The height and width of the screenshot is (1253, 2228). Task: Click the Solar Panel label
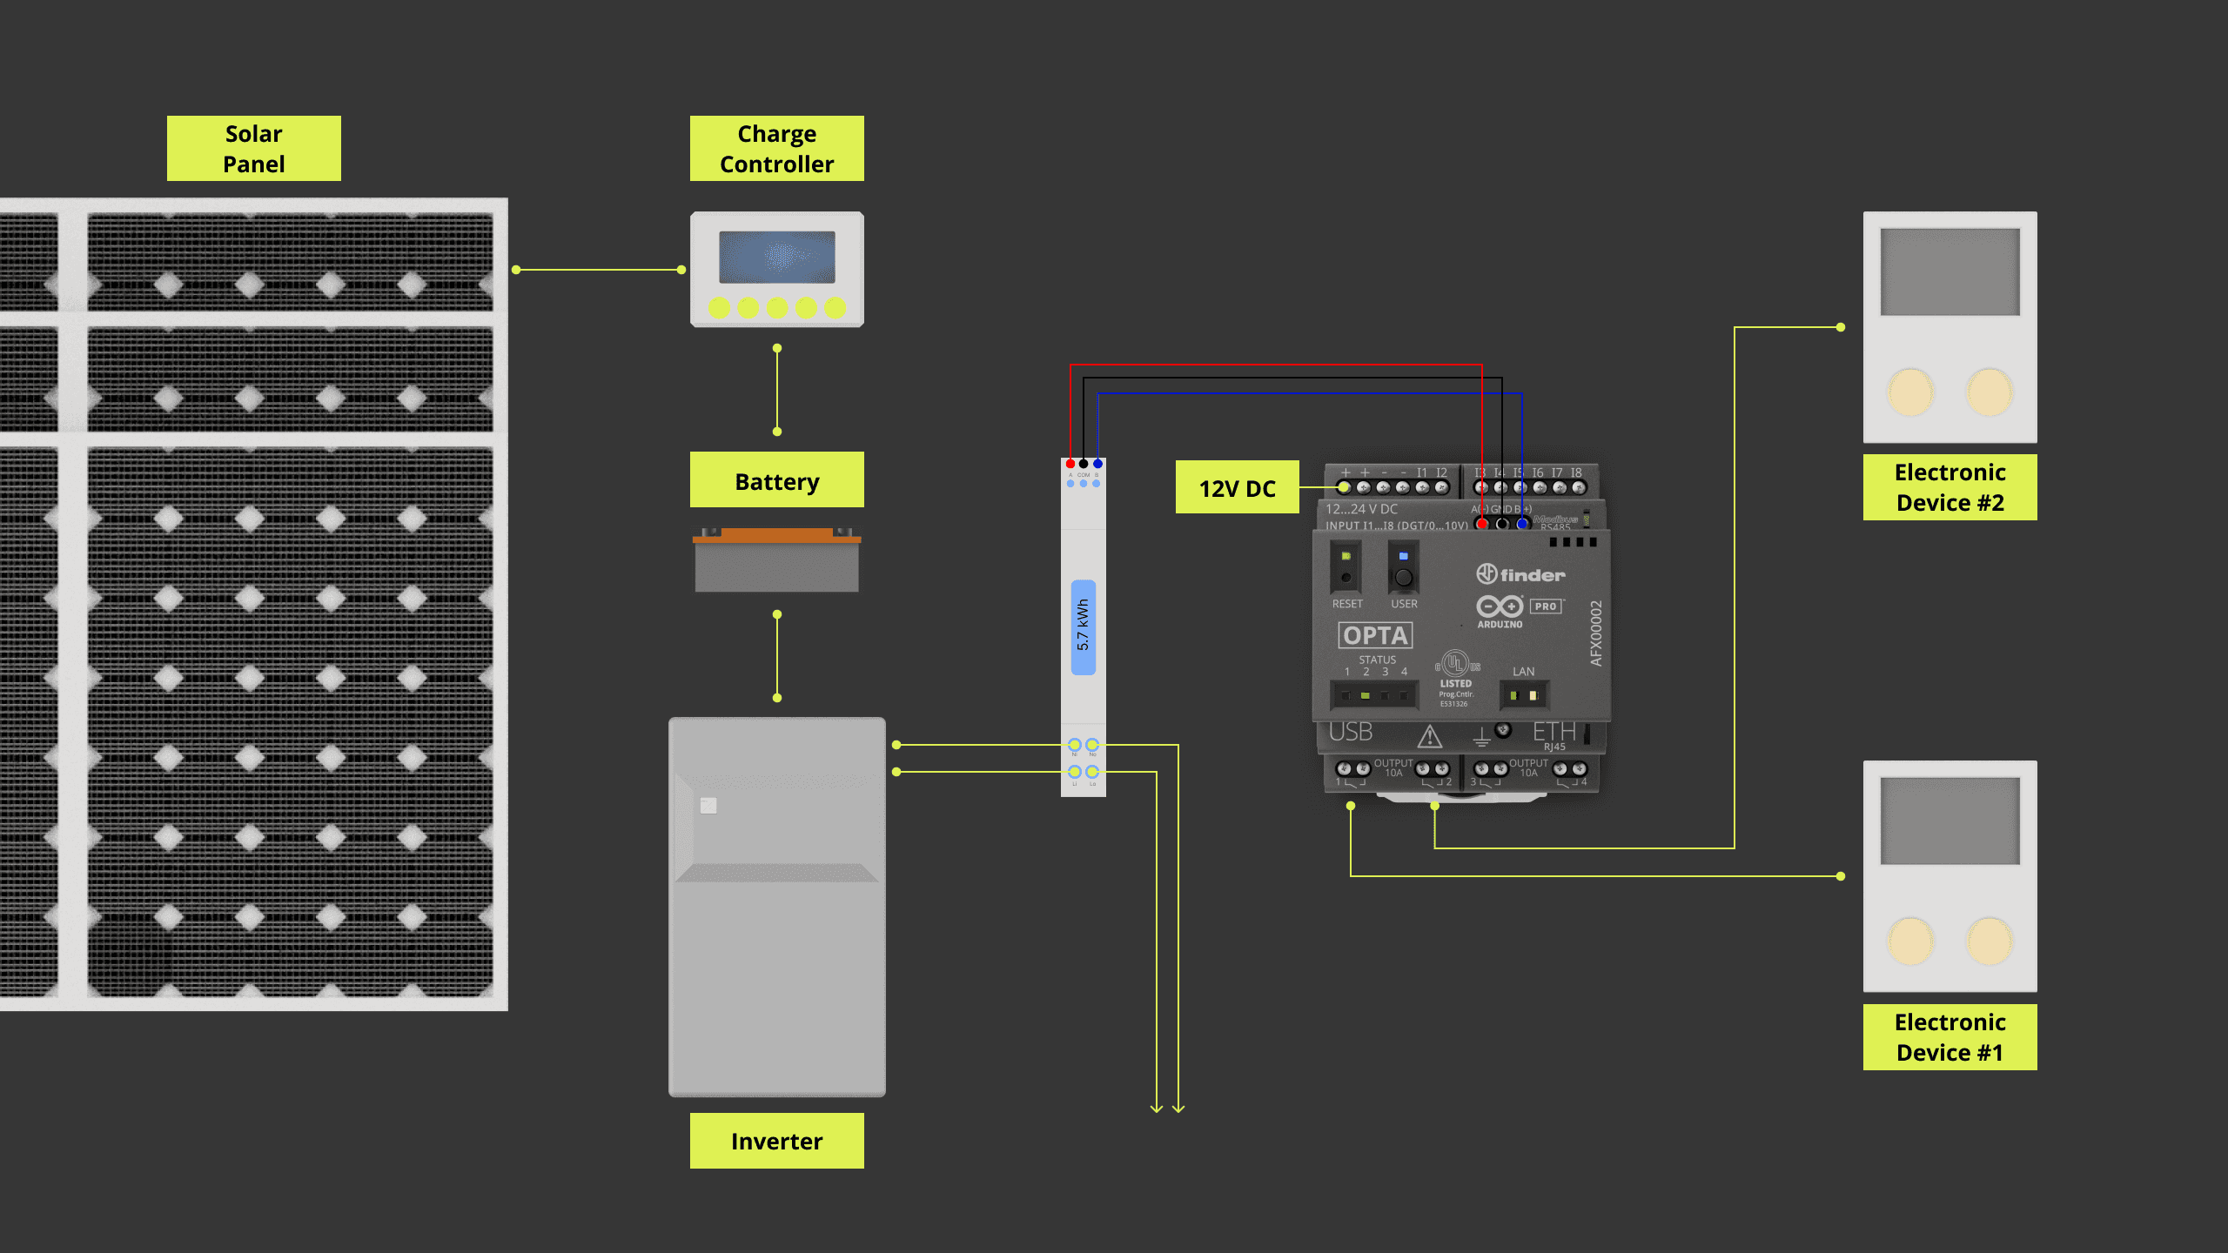[253, 149]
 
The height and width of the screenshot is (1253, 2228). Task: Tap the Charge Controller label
[776, 149]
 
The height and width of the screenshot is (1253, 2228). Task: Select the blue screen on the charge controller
[776, 257]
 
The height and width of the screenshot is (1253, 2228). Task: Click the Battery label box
[776, 480]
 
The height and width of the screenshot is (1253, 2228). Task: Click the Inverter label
[776, 1141]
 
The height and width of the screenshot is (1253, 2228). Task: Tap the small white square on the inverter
[708, 806]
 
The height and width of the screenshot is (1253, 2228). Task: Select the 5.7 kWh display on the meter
[1083, 626]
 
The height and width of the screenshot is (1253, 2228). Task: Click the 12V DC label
[1237, 488]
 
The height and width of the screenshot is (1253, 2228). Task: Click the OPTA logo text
[1375, 635]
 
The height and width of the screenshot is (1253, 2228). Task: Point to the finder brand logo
[1520, 574]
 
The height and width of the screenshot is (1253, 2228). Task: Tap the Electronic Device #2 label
[1949, 487]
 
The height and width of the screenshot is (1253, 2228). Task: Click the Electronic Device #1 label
[1949, 1037]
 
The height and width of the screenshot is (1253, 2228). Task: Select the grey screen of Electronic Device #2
[1949, 272]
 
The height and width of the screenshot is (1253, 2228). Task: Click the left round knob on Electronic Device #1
[1910, 941]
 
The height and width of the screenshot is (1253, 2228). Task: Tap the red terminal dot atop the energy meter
[1070, 464]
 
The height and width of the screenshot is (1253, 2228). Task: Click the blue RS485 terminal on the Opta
[1521, 524]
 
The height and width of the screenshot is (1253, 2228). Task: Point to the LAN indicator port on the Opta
[1523, 694]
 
